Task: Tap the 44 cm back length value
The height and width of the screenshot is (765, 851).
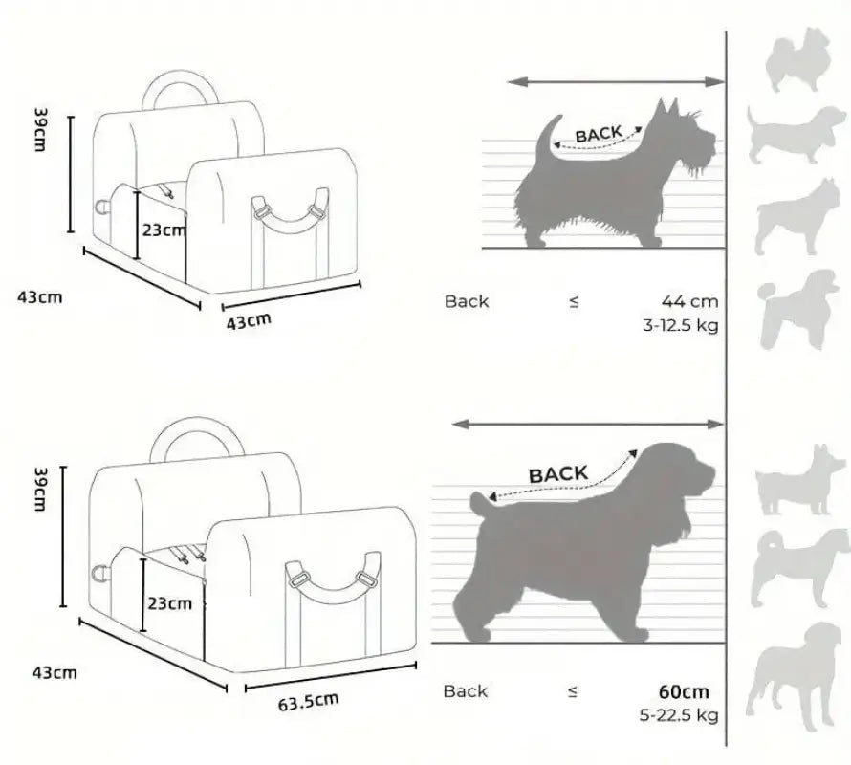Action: [x=690, y=301]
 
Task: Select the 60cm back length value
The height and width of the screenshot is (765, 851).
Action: [x=684, y=691]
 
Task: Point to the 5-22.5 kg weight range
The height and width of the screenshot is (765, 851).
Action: [x=681, y=715]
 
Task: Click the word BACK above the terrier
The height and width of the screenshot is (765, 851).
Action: [x=599, y=133]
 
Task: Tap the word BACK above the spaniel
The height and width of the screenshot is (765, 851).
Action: [x=558, y=473]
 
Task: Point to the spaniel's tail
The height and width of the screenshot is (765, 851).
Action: [x=483, y=502]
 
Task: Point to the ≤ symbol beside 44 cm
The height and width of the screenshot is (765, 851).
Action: [x=574, y=302]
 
